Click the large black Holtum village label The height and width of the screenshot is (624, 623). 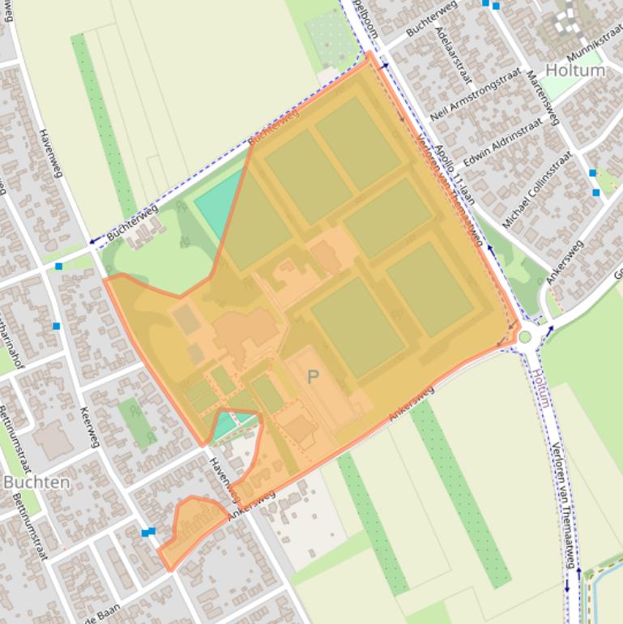pyautogui.click(x=574, y=70)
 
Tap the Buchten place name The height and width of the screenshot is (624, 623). pyautogui.click(x=36, y=481)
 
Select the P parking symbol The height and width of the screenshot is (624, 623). pyautogui.click(x=314, y=376)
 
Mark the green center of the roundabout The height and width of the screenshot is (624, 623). pyautogui.click(x=526, y=336)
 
